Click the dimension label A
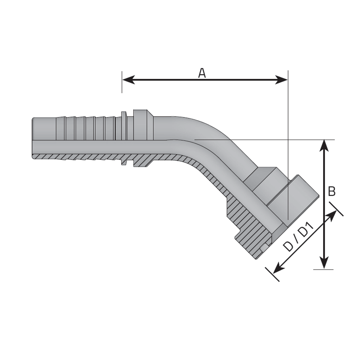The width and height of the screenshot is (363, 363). tap(202, 73)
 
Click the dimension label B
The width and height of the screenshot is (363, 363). tap(332, 191)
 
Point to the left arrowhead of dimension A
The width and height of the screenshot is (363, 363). tap(129, 79)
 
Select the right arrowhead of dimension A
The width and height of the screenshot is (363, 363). tap(281, 79)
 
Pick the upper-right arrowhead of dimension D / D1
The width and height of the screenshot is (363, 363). tap(331, 216)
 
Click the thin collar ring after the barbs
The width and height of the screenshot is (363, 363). tap(124, 138)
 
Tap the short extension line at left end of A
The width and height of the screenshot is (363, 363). tap(122, 82)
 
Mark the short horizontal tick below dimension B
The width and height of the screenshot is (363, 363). tap(323, 269)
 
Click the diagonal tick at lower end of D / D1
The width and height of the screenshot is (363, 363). tap(272, 274)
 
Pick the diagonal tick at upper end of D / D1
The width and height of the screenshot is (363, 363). tap(336, 209)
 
